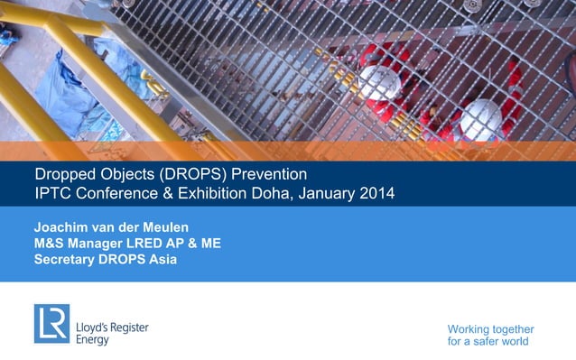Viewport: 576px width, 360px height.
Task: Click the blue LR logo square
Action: (51, 323)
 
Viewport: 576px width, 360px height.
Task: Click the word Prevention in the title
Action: (270, 173)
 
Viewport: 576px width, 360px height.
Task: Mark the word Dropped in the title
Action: (64, 173)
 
